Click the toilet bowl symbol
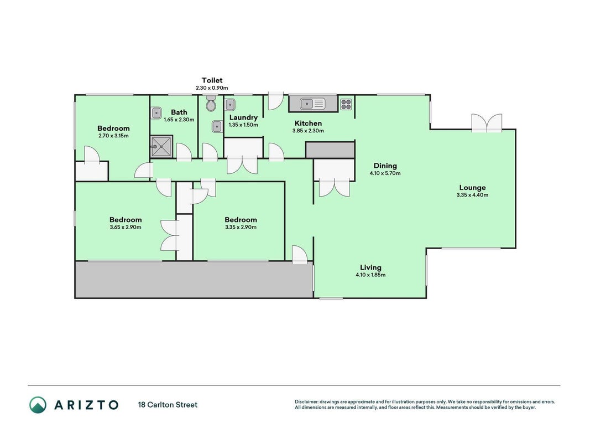[211, 103]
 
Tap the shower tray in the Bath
[161, 147]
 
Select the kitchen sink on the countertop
[312, 104]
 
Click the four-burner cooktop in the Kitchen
[346, 104]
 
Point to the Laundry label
[243, 117]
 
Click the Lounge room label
[473, 188]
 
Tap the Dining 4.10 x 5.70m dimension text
[385, 174]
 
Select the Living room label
[370, 267]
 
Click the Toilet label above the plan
[212, 80]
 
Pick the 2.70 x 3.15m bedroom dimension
[114, 136]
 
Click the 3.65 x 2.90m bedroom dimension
[126, 227]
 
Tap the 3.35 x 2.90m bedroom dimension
[241, 227]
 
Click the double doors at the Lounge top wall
[487, 123]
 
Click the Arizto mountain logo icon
[38, 405]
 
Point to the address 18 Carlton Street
[168, 405]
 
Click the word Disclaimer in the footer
[306, 402]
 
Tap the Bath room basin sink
[156, 112]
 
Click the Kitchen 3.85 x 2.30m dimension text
[308, 131]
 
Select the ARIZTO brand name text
[87, 405]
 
